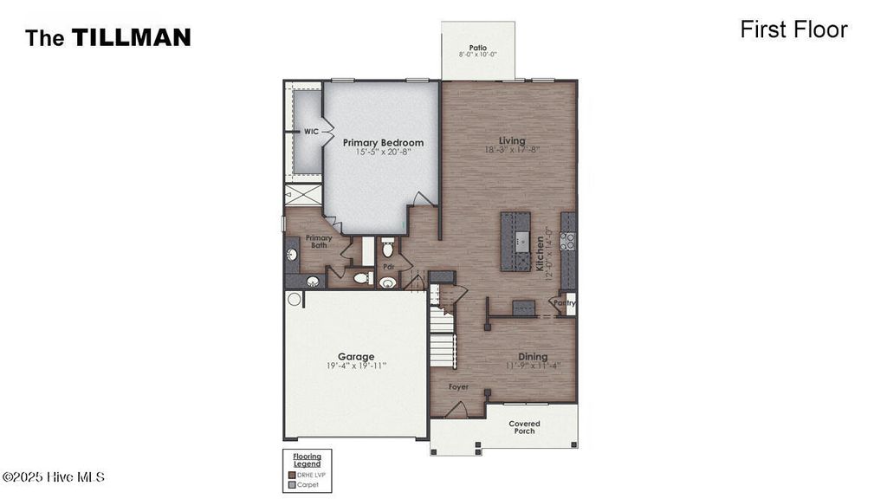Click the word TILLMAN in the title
131,37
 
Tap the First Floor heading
793,29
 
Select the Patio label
477,48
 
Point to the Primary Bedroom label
383,143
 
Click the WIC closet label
311,132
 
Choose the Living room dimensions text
511,150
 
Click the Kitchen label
539,254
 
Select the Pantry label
565,303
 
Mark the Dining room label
533,356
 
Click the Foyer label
458,386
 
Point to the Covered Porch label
524,427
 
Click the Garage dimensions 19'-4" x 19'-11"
356,366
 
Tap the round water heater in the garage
295,300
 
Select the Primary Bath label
319,241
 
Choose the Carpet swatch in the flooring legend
292,484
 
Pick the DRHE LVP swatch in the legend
292,475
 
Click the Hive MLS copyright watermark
54,477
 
